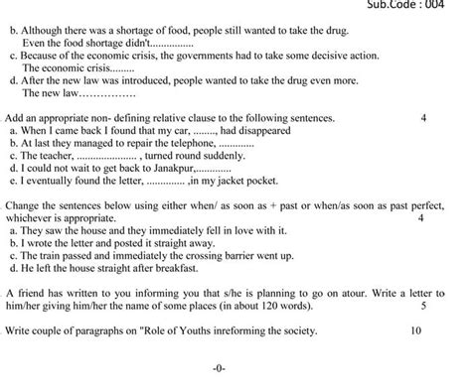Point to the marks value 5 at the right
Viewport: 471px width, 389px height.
point(424,308)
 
